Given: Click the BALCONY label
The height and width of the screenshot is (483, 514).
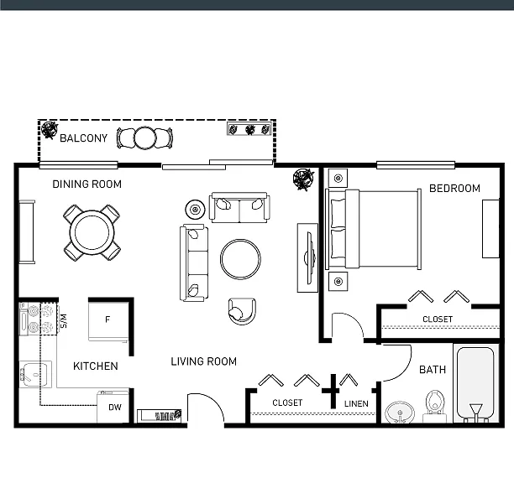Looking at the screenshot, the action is (84, 138).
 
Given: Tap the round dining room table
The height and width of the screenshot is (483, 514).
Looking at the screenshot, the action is (92, 232).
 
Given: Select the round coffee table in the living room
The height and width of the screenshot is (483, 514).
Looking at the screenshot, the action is (240, 259).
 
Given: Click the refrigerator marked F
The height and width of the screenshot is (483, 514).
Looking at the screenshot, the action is (108, 321).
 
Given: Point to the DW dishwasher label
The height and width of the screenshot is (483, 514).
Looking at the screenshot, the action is (115, 407).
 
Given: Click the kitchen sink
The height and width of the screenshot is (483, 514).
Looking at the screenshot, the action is (35, 374).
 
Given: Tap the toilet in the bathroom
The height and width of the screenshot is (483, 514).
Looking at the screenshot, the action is (435, 407).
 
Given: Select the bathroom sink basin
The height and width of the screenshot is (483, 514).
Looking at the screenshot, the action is (400, 413).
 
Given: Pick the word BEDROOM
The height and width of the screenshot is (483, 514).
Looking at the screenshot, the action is (454, 188).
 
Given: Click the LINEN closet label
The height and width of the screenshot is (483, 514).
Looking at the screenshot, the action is (356, 404).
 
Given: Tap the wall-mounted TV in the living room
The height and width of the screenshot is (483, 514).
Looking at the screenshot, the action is (308, 257).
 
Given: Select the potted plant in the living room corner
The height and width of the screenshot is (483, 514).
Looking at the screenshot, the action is (303, 179).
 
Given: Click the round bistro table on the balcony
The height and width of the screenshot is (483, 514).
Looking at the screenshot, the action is (144, 138).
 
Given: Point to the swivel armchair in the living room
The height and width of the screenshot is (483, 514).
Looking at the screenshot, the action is (242, 311).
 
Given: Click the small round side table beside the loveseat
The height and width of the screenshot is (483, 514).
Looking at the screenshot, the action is (196, 209).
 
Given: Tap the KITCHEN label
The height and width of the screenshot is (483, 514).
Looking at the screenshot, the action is (96, 366).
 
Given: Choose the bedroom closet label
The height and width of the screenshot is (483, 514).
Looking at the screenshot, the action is (438, 319).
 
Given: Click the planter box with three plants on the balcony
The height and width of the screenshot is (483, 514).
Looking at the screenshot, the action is (249, 129).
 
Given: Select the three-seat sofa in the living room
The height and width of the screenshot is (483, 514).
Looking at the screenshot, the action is (194, 262).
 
